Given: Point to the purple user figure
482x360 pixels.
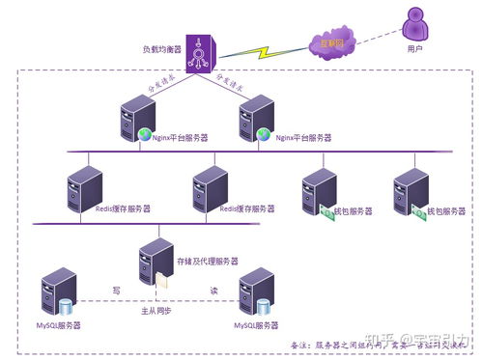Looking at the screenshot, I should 416,25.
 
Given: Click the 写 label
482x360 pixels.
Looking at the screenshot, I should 116,289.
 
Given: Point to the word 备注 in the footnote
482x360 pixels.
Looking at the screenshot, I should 300,344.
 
